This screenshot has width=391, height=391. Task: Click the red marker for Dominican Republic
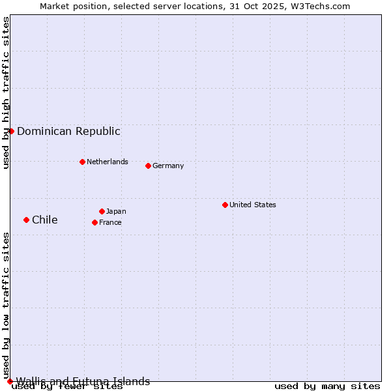click(11, 131)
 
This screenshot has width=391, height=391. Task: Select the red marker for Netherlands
click(82, 162)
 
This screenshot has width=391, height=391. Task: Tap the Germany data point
click(148, 166)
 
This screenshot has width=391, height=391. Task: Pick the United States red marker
click(225, 205)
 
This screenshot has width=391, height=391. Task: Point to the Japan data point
click(102, 211)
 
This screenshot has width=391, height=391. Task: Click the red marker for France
click(94, 222)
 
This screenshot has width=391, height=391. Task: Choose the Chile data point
click(26, 220)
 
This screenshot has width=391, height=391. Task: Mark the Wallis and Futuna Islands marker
click(10, 381)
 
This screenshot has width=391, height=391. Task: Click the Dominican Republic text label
click(68, 131)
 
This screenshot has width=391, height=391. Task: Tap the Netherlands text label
click(107, 162)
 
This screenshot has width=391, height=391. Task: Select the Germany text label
click(168, 166)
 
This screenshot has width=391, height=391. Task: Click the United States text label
click(252, 205)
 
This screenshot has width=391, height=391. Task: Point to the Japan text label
click(116, 211)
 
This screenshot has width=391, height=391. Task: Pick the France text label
click(110, 222)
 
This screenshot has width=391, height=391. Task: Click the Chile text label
click(44, 220)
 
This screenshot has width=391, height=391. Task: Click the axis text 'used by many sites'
click(327, 386)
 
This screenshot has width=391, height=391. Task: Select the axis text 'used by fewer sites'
click(67, 387)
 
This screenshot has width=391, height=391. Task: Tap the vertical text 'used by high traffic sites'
click(7, 93)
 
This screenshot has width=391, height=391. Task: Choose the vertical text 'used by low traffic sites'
click(7, 305)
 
